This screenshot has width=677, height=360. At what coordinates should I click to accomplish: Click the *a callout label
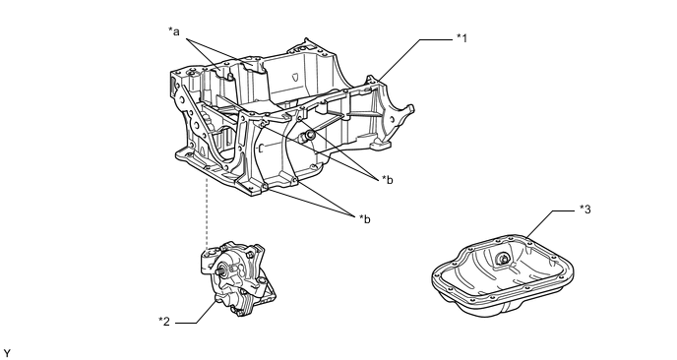[x=173, y=31]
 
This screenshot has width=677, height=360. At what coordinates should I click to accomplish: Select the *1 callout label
[x=462, y=38]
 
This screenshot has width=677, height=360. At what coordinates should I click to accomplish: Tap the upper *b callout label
[x=388, y=180]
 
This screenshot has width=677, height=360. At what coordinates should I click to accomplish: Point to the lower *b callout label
[x=365, y=219]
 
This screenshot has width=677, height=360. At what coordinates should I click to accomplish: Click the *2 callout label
[x=164, y=322]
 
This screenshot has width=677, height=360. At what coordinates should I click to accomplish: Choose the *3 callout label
[x=585, y=210]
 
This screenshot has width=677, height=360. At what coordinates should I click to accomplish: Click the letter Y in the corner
[x=7, y=354]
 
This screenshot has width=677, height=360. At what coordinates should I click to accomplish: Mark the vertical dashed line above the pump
[x=208, y=211]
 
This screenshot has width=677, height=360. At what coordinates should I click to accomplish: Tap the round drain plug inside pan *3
[x=502, y=259]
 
